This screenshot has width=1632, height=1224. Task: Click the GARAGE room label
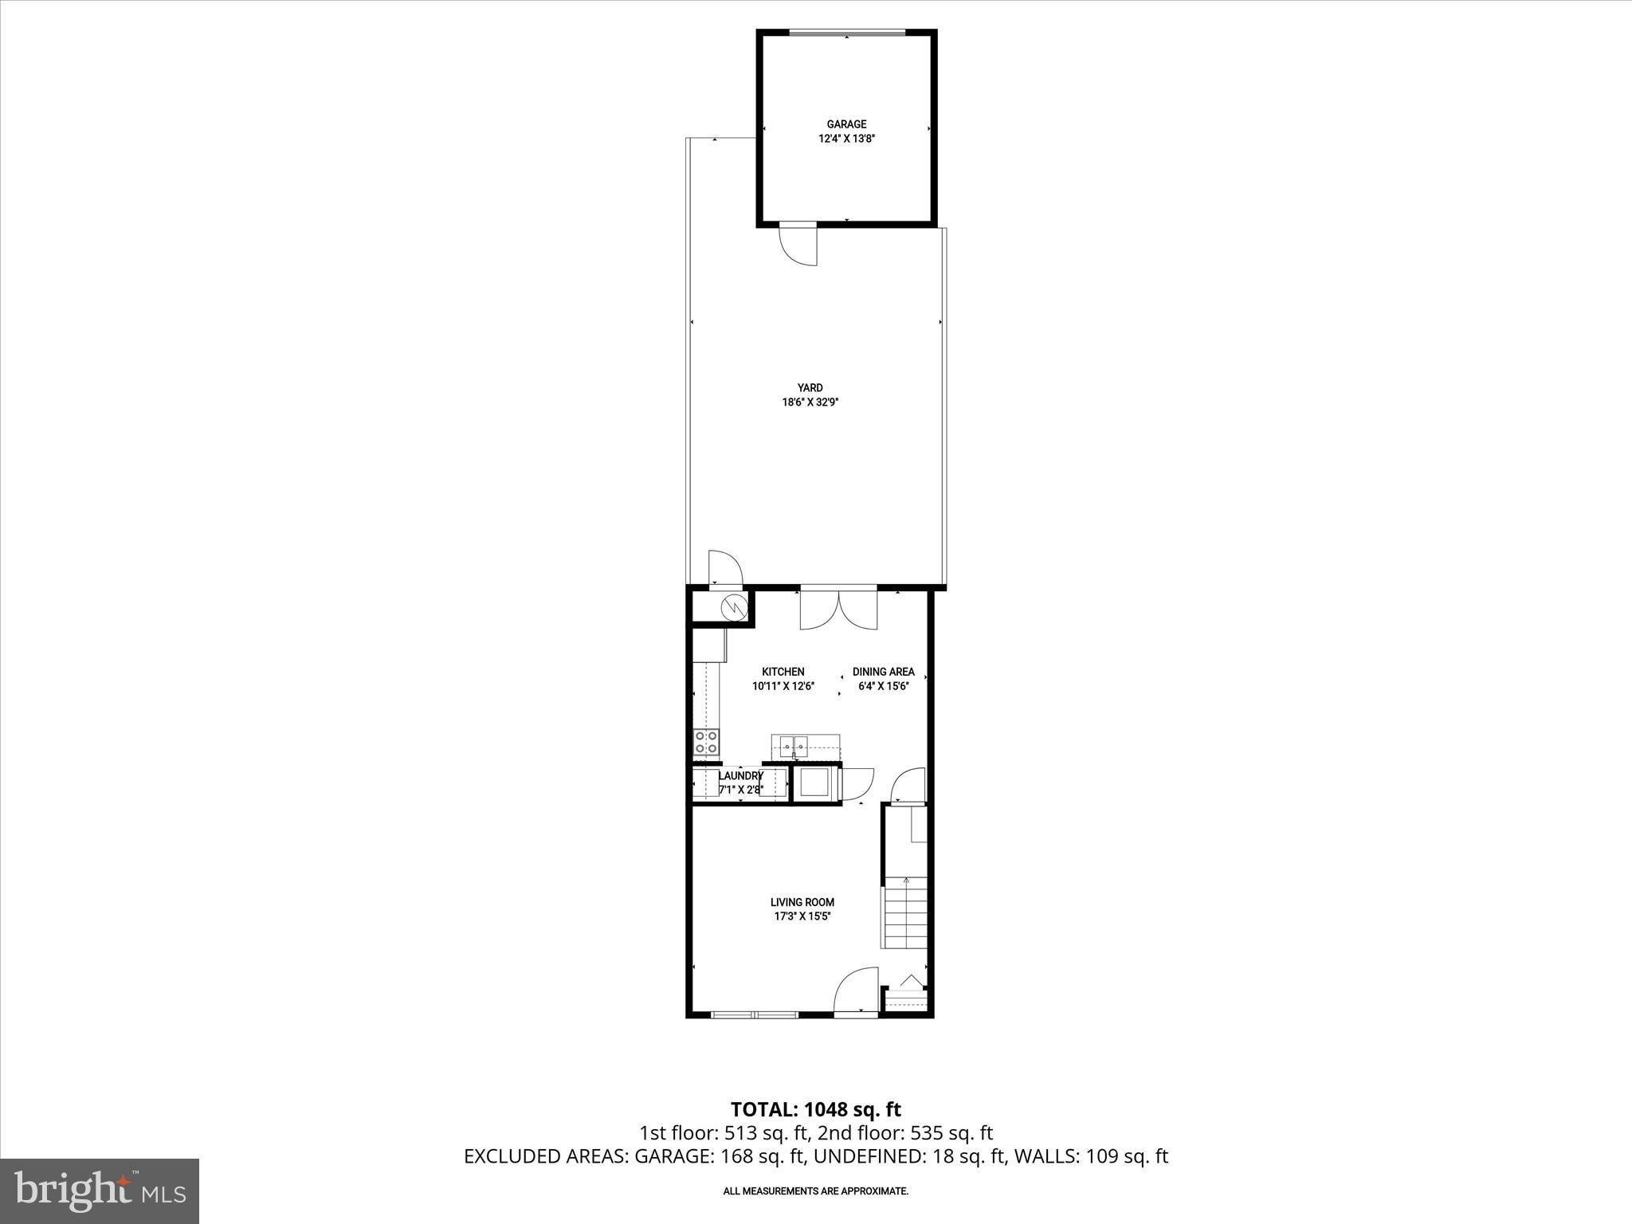point(846,124)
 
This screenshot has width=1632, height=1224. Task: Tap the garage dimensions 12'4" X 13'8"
point(846,139)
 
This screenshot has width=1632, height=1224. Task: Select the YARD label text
point(810,388)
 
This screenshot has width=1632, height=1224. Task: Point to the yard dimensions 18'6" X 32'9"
point(810,402)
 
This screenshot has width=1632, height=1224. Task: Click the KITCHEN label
point(783,672)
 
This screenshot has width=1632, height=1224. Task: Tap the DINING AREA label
point(883,672)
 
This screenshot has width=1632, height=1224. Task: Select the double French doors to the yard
point(838,610)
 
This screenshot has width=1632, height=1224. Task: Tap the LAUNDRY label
point(740,775)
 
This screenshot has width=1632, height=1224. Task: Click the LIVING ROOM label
point(802,902)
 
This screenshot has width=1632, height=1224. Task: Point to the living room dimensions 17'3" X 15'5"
point(802,916)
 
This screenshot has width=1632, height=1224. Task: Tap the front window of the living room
point(754,1014)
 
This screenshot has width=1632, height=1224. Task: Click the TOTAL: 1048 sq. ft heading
point(815,1109)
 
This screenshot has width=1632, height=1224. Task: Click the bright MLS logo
point(100,1191)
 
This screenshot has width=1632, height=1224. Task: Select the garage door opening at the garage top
point(846,33)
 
